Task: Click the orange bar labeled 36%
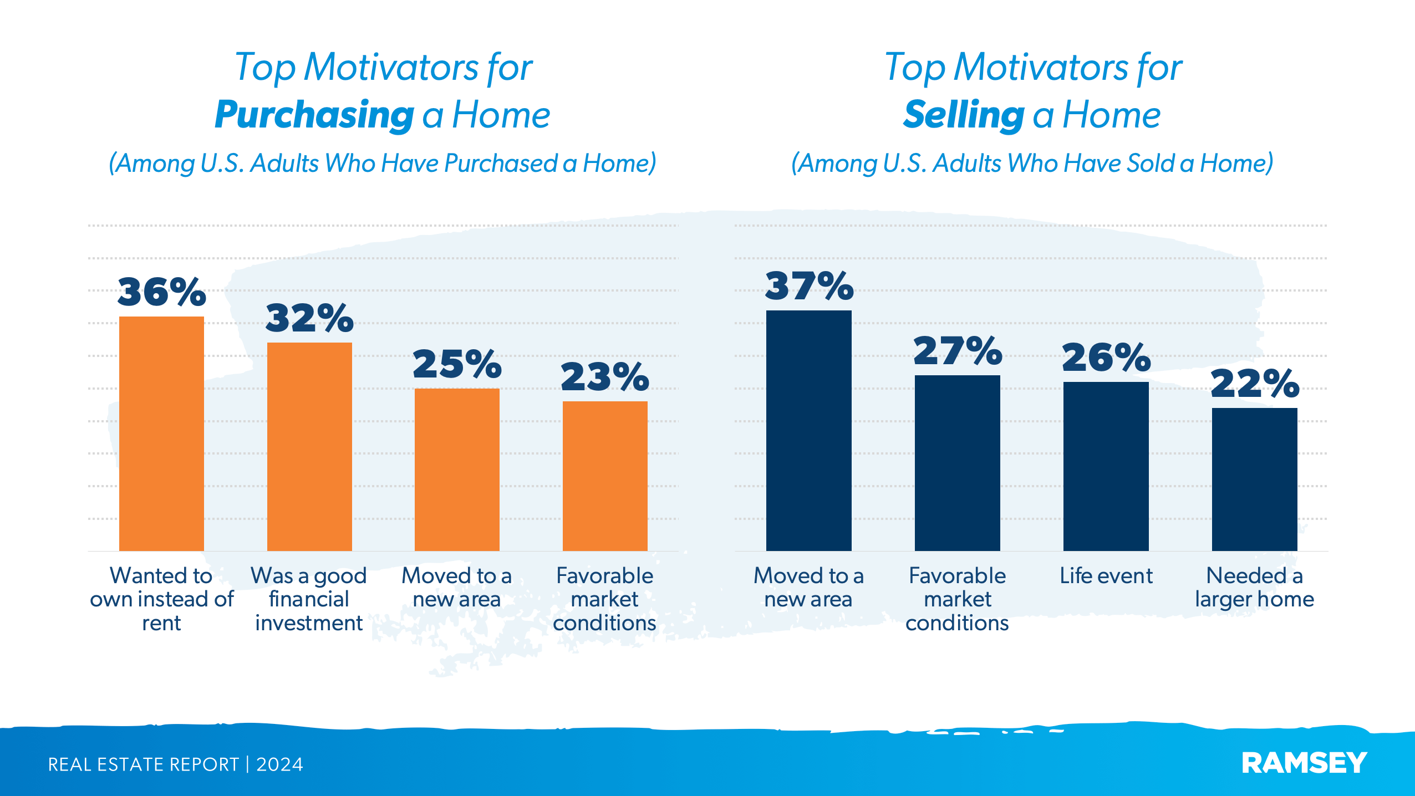tap(161, 433)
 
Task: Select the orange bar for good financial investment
tap(309, 446)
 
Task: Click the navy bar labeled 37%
tap(808, 430)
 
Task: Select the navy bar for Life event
tap(1106, 466)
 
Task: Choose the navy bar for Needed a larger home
tap(1254, 479)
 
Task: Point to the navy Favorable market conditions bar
tap(957, 462)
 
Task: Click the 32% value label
tap(309, 319)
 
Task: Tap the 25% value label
tap(457, 365)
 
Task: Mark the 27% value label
tap(958, 351)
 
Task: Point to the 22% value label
tap(1255, 384)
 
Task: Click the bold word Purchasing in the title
tap(314, 115)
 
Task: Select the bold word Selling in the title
tap(964, 115)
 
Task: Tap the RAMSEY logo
tap(1304, 763)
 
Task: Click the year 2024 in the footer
tap(279, 764)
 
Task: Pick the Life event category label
tap(1106, 576)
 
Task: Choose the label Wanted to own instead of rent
tap(161, 599)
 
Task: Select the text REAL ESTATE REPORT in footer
tap(143, 764)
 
